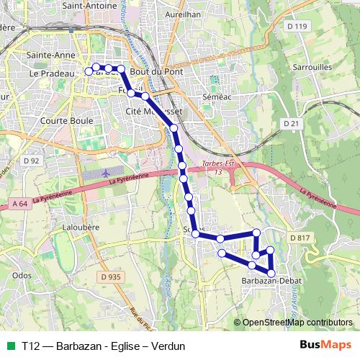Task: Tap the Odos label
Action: tap(22, 275)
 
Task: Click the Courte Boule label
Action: tap(68, 121)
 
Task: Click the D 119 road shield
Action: tap(296, 27)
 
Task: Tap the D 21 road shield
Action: tap(291, 124)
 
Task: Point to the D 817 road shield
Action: tap(299, 238)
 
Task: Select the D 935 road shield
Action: tap(112, 276)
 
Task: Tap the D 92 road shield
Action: tap(30, 161)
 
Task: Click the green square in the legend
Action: tap(10, 346)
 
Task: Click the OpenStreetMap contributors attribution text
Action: tap(297, 323)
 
